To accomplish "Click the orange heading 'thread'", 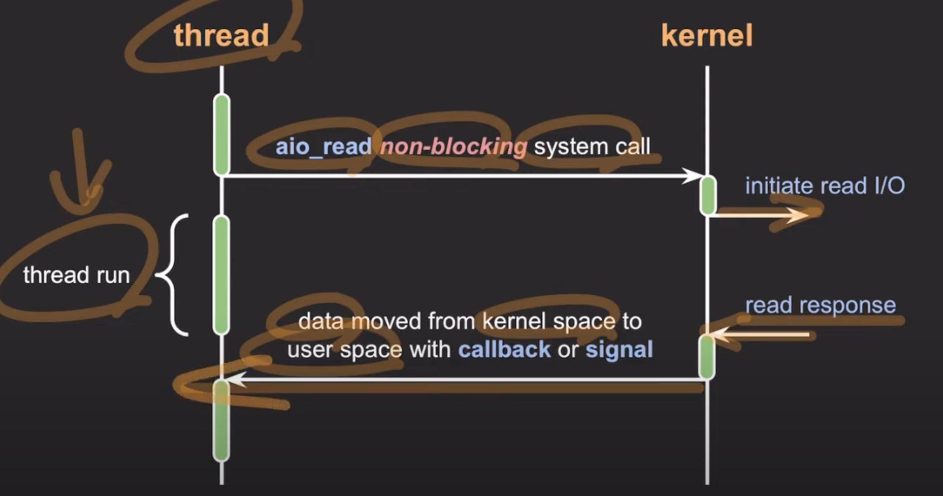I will tap(221, 36).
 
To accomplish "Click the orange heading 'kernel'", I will tap(707, 36).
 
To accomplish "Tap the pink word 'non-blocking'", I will tap(453, 147).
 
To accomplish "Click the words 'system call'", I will tap(592, 147).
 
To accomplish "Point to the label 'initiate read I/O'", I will tap(825, 186).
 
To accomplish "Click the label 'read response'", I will tap(821, 305).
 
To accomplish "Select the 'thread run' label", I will tap(76, 275).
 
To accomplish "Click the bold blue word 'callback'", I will tap(504, 349).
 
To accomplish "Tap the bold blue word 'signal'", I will tap(619, 349).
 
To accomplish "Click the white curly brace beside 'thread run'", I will tap(173, 275).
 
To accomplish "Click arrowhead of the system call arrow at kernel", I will tap(693, 176).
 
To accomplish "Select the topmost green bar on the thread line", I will tap(222, 134).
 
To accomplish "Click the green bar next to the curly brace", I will tap(222, 275).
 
